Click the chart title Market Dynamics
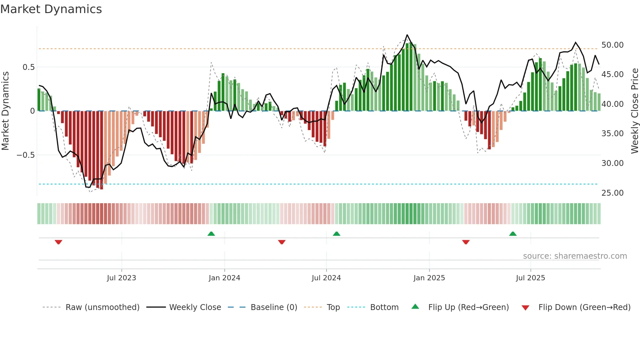pyautogui.click(x=51, y=9)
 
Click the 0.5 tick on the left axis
pyautogui.click(x=28, y=67)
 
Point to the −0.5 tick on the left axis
pyautogui.click(x=26, y=155)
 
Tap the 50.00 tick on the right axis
pyautogui.click(x=612, y=45)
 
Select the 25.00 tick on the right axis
pyautogui.click(x=612, y=193)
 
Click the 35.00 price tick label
pyautogui.click(x=612, y=134)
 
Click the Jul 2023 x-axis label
pyautogui.click(x=121, y=278)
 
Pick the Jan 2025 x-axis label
pyautogui.click(x=429, y=278)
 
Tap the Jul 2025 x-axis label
pyautogui.click(x=530, y=278)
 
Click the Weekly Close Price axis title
pyautogui.click(x=634, y=111)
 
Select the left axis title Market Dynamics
pyautogui.click(x=5, y=111)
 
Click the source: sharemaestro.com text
pyautogui.click(x=575, y=256)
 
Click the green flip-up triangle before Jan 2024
pyautogui.click(x=211, y=234)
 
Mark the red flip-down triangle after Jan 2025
pyautogui.click(x=466, y=242)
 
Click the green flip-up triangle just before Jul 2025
pyautogui.click(x=513, y=234)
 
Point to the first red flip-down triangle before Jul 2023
pyautogui.click(x=58, y=242)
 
